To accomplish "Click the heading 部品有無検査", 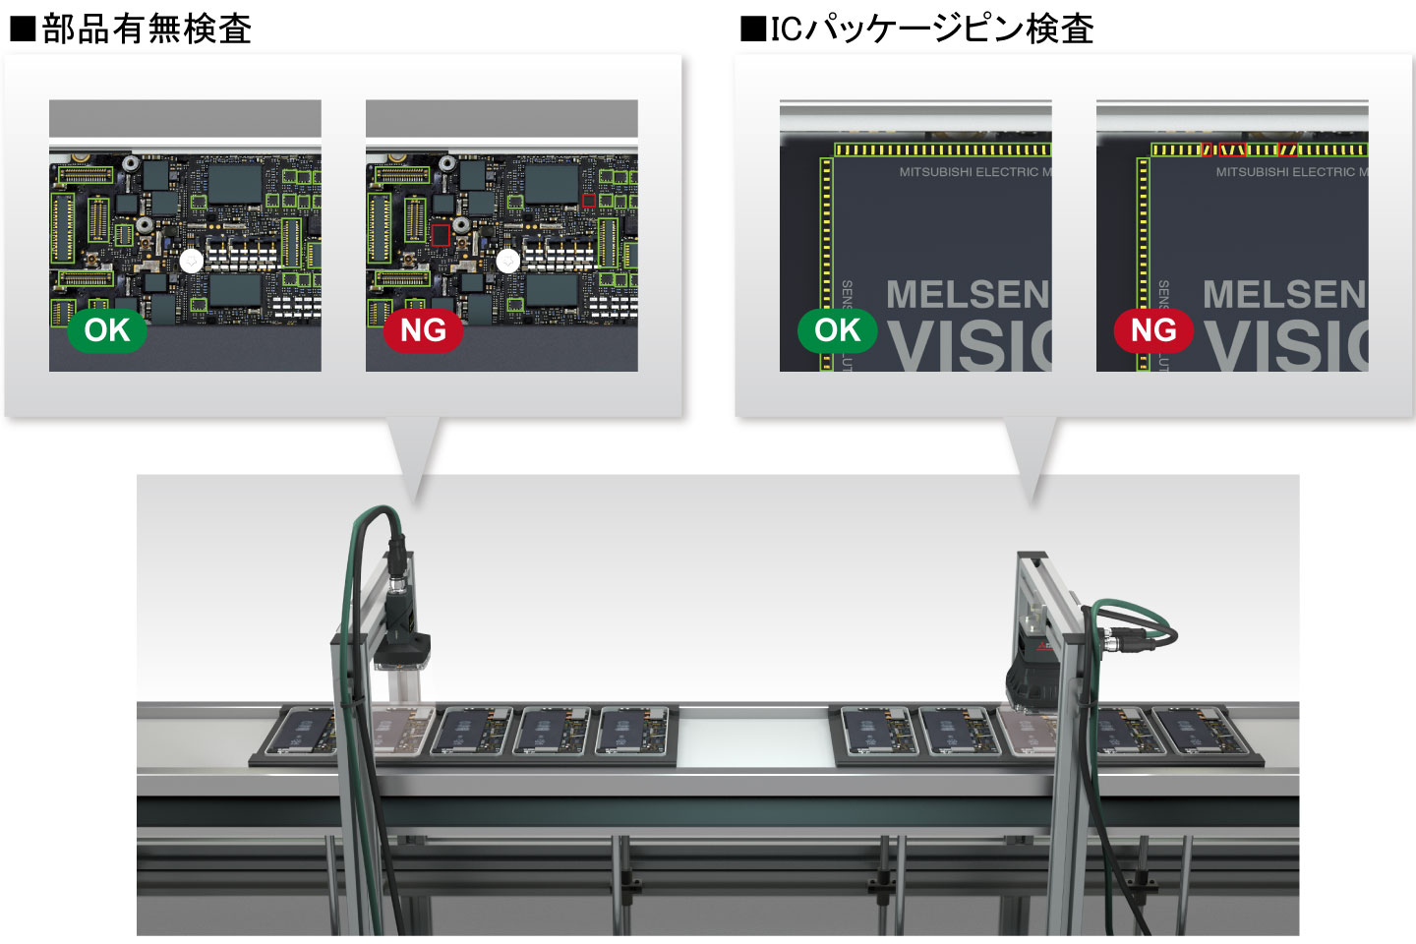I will [146, 29].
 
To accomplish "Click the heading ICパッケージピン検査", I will [930, 29].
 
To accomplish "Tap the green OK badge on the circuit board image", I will [107, 330].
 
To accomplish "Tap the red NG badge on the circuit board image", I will [424, 330].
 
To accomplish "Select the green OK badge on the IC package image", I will [838, 330].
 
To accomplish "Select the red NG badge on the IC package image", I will [1153, 330].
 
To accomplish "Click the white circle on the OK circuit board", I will [192, 261].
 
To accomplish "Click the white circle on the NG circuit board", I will [508, 261].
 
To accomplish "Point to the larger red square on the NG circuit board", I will [441, 234].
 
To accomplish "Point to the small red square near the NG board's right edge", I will [588, 201].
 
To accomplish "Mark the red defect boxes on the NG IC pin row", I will [1233, 149].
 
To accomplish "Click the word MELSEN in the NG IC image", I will [1284, 294].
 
